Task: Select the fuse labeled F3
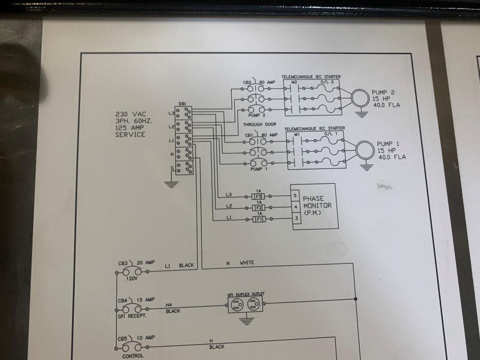click(x=259, y=195)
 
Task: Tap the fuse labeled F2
click(x=259, y=207)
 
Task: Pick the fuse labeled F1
click(x=259, y=219)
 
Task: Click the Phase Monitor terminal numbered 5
click(x=296, y=195)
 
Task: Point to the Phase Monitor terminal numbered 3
click(x=296, y=218)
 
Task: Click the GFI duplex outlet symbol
click(x=245, y=306)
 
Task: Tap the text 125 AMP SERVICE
click(x=130, y=131)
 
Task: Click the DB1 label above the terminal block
click(x=182, y=104)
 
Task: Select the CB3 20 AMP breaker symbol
click(x=132, y=272)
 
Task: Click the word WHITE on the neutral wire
click(x=247, y=262)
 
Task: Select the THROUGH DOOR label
click(x=259, y=124)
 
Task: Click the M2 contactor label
click(x=293, y=82)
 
